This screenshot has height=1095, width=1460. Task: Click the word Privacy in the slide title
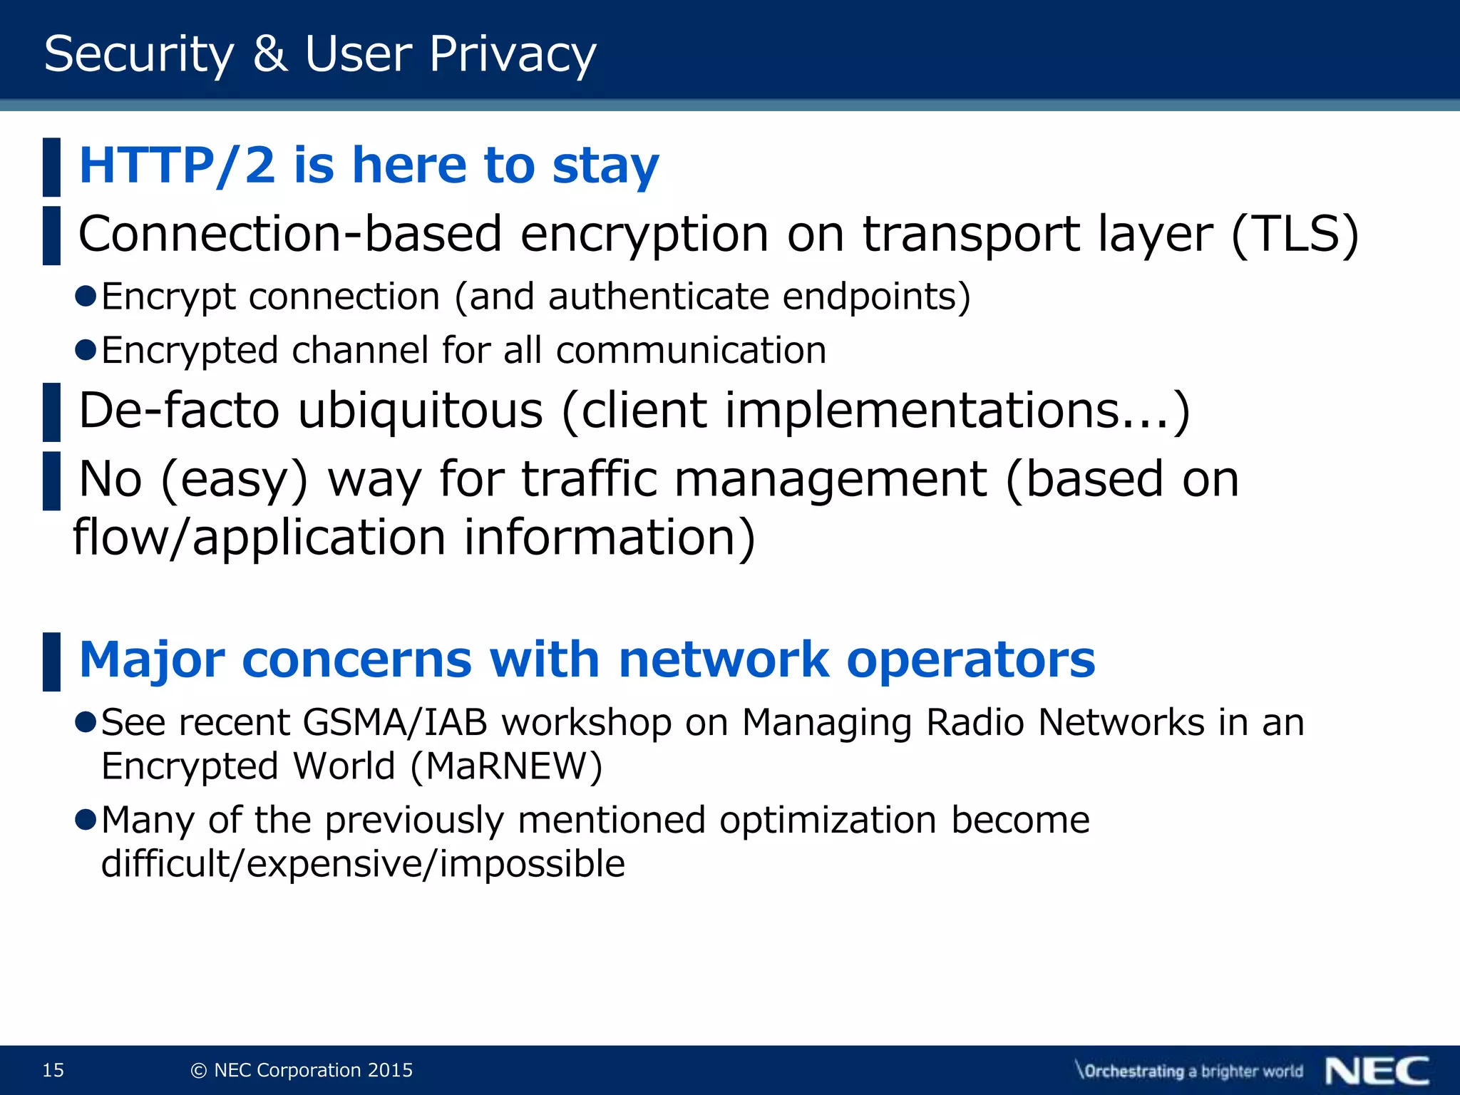[x=512, y=55]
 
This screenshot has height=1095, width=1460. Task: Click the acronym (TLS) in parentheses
[x=1295, y=234]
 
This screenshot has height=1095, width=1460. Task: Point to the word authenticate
[x=658, y=296]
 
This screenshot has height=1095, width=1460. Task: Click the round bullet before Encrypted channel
[x=86, y=350]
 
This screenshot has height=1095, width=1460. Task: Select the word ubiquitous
[x=421, y=411]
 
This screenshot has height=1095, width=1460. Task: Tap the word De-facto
[x=179, y=411]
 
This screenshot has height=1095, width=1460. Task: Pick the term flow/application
[x=259, y=537]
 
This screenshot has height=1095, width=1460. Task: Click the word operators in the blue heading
[x=970, y=659]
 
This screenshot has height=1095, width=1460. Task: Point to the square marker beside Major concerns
[x=51, y=662]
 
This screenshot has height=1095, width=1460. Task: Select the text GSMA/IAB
[x=394, y=722]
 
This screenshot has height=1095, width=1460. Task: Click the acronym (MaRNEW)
[x=506, y=766]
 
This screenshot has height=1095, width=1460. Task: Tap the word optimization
[x=827, y=820]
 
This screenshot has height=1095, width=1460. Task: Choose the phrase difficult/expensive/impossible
[x=363, y=863]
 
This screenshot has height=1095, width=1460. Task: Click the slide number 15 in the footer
[x=53, y=1070]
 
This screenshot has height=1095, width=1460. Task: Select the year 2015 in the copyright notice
[x=390, y=1070]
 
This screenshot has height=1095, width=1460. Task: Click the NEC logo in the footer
[x=1377, y=1071]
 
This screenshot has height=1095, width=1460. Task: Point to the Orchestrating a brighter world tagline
[x=1189, y=1071]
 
